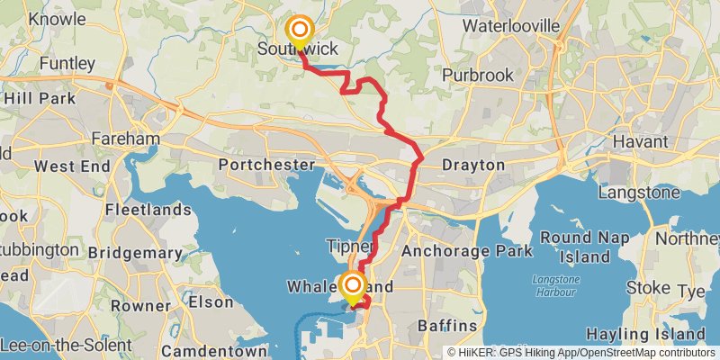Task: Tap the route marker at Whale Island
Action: tap(351, 287)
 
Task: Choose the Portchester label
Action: tap(267, 166)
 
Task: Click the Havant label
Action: tap(639, 142)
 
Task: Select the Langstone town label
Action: tap(637, 193)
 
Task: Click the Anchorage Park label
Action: tap(467, 251)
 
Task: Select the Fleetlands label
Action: tap(148, 210)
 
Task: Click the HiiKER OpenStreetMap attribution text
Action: tap(580, 352)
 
